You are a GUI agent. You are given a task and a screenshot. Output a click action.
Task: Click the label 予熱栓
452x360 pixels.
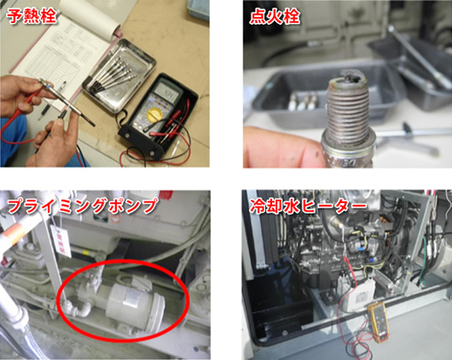[x=32, y=15]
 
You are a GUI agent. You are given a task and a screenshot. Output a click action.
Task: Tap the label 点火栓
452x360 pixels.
[x=275, y=16]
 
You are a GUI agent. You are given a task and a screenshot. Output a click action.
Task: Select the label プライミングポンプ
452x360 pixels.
[x=82, y=206]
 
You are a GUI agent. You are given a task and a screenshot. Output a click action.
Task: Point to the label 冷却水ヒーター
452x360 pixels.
[x=308, y=206]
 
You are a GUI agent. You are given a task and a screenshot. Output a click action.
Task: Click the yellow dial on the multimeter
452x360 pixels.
[x=154, y=113]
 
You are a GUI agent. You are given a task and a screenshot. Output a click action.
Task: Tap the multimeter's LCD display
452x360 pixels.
[x=168, y=91]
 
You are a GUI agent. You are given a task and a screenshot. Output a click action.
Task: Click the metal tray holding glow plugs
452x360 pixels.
[x=119, y=75]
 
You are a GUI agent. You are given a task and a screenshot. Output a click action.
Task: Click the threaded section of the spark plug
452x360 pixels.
[x=348, y=108]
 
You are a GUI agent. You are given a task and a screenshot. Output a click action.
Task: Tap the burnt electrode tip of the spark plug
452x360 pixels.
[x=348, y=77]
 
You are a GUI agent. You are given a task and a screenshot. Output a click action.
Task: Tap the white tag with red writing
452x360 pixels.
[x=61, y=241]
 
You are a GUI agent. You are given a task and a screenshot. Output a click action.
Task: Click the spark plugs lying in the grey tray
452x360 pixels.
[x=304, y=100]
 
